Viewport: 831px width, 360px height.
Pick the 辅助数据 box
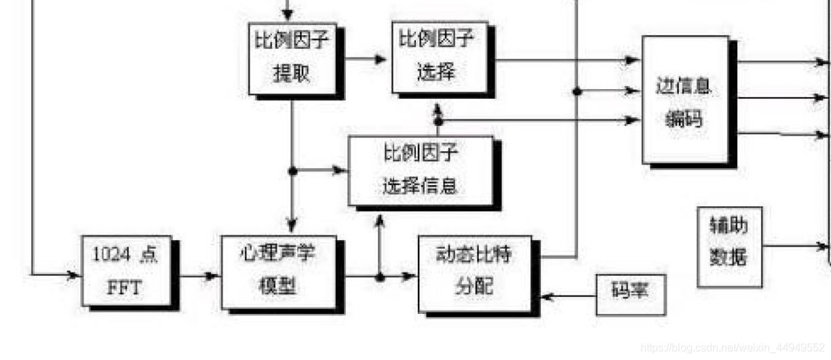[729, 245]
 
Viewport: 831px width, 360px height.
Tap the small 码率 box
[630, 294]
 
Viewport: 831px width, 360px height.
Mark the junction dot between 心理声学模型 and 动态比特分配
[380, 277]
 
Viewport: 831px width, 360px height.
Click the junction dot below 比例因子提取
[292, 171]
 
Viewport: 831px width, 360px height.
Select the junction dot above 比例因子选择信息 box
[438, 121]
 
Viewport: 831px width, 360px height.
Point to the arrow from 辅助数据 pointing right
[794, 246]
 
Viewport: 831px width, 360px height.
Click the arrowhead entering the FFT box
[73, 275]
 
